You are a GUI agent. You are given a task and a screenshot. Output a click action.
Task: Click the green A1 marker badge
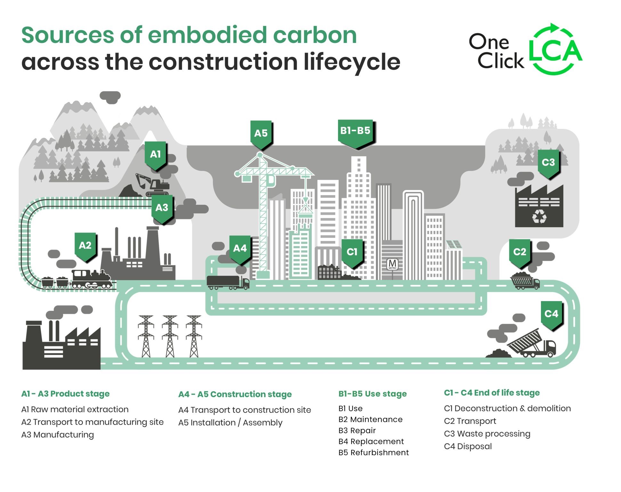coord(155,156)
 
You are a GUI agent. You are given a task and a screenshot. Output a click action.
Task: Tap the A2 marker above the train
coord(85,247)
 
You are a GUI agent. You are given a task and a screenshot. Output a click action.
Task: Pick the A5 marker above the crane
coord(261,135)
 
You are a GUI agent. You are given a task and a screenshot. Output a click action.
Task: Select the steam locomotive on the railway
coord(91,279)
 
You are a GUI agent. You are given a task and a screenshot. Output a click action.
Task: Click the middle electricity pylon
coord(170,336)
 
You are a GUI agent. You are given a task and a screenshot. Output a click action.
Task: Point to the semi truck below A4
coord(228,282)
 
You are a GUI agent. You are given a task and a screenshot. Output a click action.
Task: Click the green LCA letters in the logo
coord(555,50)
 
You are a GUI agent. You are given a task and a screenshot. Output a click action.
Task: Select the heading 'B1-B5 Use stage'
coord(373,394)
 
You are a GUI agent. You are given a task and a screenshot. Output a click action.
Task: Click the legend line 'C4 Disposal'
coord(468,446)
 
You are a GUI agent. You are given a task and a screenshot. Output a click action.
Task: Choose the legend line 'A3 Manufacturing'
coord(58,435)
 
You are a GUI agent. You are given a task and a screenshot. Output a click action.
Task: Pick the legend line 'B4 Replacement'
coord(371,441)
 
